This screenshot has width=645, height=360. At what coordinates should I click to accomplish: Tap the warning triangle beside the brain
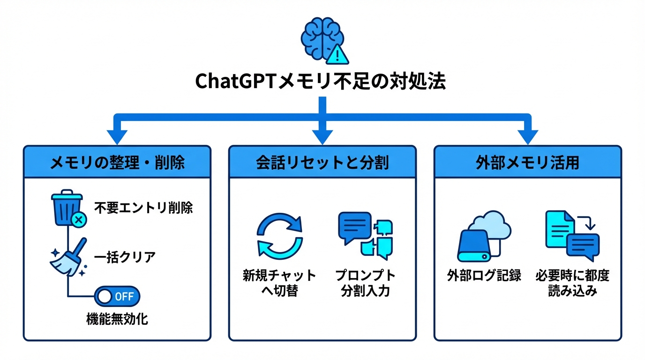337,54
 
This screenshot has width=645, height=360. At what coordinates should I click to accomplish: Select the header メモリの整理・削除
117,162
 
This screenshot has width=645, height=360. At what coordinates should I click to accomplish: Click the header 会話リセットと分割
322,162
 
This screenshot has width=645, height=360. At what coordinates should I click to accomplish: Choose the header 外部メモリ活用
527,162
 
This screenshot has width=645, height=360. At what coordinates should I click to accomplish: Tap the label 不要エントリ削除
143,208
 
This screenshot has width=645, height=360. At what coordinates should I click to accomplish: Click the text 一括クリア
125,257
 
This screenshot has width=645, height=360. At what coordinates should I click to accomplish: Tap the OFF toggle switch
117,296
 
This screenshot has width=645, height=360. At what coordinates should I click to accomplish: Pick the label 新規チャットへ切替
279,283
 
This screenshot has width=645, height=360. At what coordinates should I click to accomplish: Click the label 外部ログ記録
484,276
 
